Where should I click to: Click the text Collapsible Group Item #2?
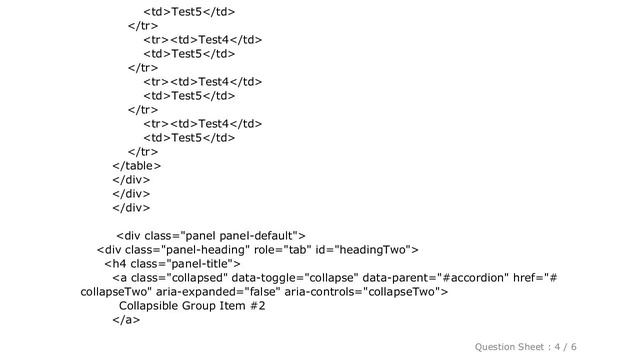tap(192, 305)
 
